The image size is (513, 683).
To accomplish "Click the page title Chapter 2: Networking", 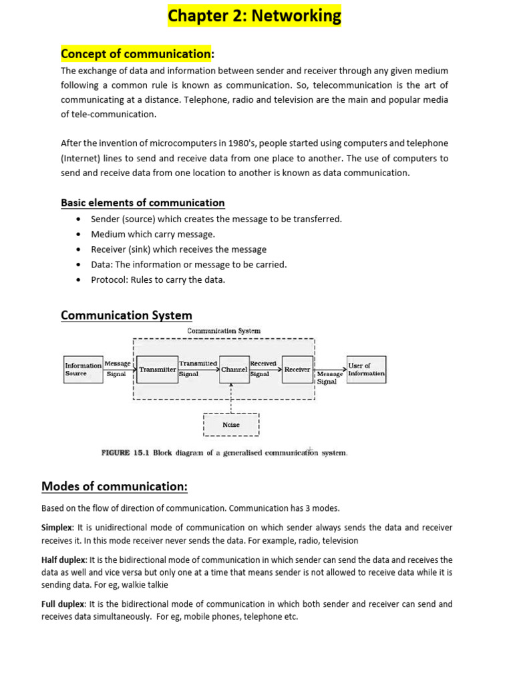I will click(x=254, y=15).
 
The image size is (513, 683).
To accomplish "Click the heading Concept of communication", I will click(x=136, y=53).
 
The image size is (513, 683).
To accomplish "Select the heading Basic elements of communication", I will click(x=142, y=203).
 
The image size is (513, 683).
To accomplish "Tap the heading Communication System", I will click(x=126, y=315).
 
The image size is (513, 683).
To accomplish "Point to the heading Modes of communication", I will click(x=114, y=486).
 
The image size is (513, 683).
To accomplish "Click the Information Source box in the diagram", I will click(x=83, y=370).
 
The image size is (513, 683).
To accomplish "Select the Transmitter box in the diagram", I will click(x=158, y=369).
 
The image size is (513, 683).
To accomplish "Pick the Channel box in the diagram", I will click(x=234, y=369).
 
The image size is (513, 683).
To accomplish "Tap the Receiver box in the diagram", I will click(x=297, y=369).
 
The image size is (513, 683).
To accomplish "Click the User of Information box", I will click(x=366, y=369).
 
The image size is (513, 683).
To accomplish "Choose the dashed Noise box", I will click(x=231, y=425).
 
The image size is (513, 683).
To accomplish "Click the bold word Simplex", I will click(x=57, y=528).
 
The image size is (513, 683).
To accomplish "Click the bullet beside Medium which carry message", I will click(x=79, y=234).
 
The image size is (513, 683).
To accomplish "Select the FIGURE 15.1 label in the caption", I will click(x=125, y=453).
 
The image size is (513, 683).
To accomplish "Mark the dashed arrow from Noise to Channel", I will click(x=231, y=398).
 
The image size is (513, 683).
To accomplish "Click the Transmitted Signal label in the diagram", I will click(x=198, y=369).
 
